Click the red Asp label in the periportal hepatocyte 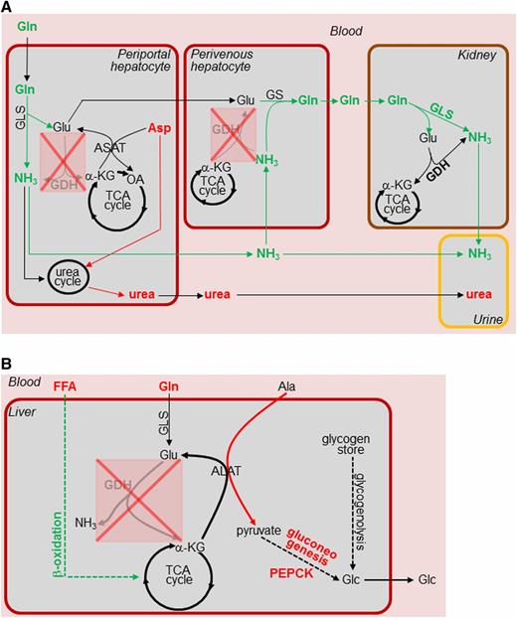point(159,129)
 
